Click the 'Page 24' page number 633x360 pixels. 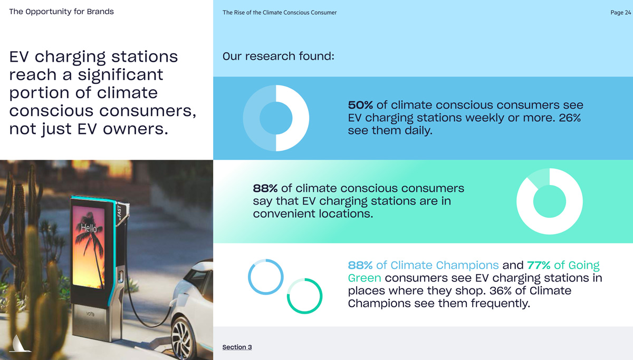point(620,13)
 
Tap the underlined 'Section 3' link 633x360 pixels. point(237,347)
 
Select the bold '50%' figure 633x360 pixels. point(360,105)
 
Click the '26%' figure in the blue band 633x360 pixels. point(570,118)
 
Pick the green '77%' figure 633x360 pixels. point(539,265)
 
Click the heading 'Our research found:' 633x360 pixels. point(278,56)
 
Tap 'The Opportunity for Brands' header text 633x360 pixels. point(61,12)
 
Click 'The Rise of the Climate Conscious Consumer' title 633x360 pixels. point(280,13)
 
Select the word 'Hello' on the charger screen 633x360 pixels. point(89,228)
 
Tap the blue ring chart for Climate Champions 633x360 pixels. point(266,277)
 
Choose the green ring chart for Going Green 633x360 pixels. point(304,296)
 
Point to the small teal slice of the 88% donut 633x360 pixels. point(538,178)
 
